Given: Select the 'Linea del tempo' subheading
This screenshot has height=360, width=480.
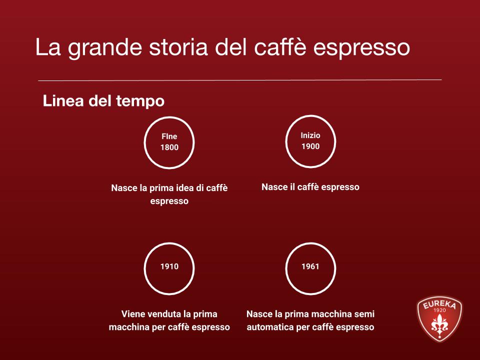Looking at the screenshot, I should coord(103,101).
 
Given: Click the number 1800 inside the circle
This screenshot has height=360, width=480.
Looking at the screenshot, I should coord(169,147).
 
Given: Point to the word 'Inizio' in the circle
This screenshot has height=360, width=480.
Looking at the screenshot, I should coord(310,135).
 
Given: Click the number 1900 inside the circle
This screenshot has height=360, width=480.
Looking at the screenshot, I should coord(310,146).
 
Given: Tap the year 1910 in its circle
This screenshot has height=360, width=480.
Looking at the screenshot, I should coord(169,266).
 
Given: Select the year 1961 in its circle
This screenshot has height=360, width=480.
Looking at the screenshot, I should coord(310,266).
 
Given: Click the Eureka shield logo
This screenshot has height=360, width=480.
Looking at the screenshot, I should coord(439,319).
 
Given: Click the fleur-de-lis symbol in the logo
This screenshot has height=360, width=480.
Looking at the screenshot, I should coord(439,325).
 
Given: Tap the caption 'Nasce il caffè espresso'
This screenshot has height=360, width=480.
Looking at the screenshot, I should coord(310,187).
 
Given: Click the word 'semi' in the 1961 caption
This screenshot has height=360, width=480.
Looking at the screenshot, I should coord(364,314).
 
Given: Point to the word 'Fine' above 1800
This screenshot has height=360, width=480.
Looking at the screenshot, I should coord(169,136).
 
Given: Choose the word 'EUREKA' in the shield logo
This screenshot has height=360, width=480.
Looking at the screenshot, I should coord(439,303).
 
